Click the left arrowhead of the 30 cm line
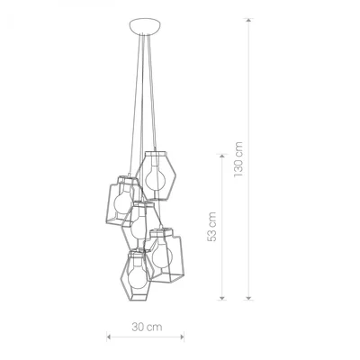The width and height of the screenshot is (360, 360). coord(109,337)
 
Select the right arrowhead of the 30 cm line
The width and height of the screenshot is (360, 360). coord(185,337)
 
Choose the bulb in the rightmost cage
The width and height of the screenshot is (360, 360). coord(162,254)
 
